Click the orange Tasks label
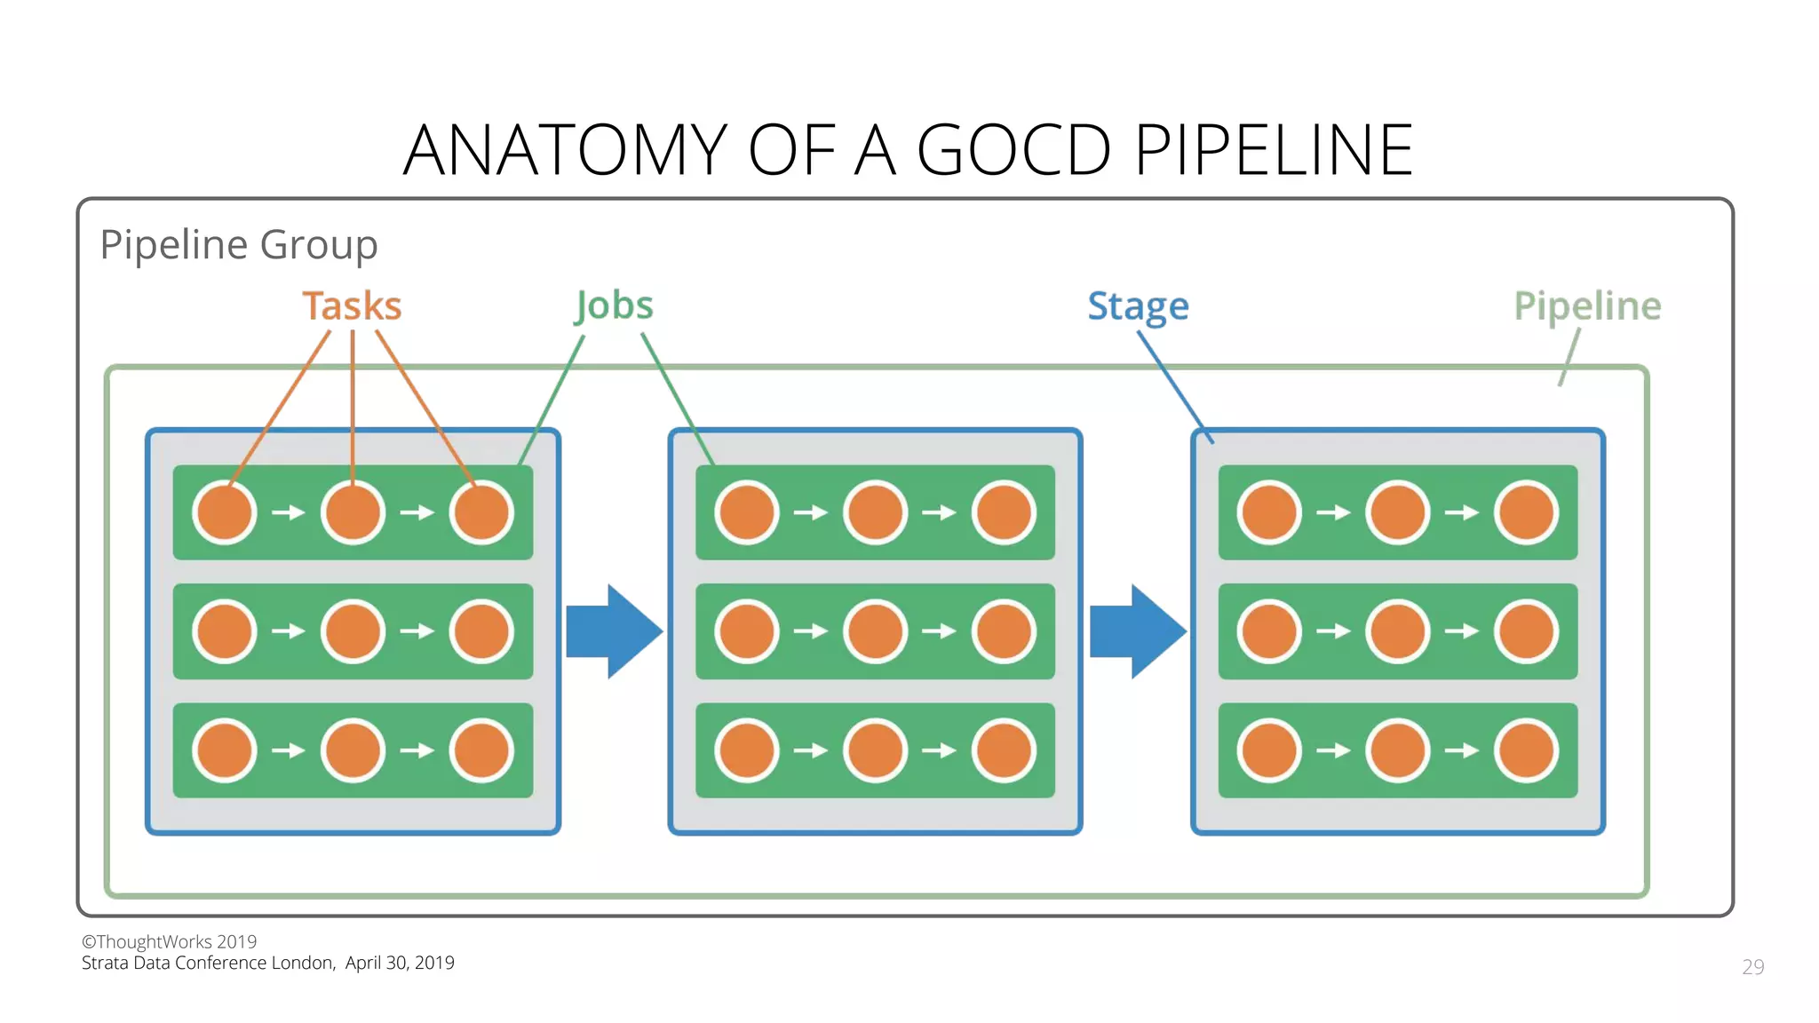point(352,306)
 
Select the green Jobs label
point(614,306)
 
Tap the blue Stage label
point(1138,306)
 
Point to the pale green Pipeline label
point(1586,306)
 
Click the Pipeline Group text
point(238,244)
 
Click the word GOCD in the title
point(1013,150)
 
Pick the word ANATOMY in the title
point(565,150)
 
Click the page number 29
point(1752,967)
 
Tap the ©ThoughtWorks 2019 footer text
point(169,941)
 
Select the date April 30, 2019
point(400,963)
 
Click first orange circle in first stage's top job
point(225,512)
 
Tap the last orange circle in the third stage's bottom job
point(1526,750)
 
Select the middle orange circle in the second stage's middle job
point(875,631)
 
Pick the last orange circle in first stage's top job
point(481,512)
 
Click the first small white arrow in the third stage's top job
point(1333,512)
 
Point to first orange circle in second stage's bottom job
point(747,750)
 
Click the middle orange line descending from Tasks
point(353,400)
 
